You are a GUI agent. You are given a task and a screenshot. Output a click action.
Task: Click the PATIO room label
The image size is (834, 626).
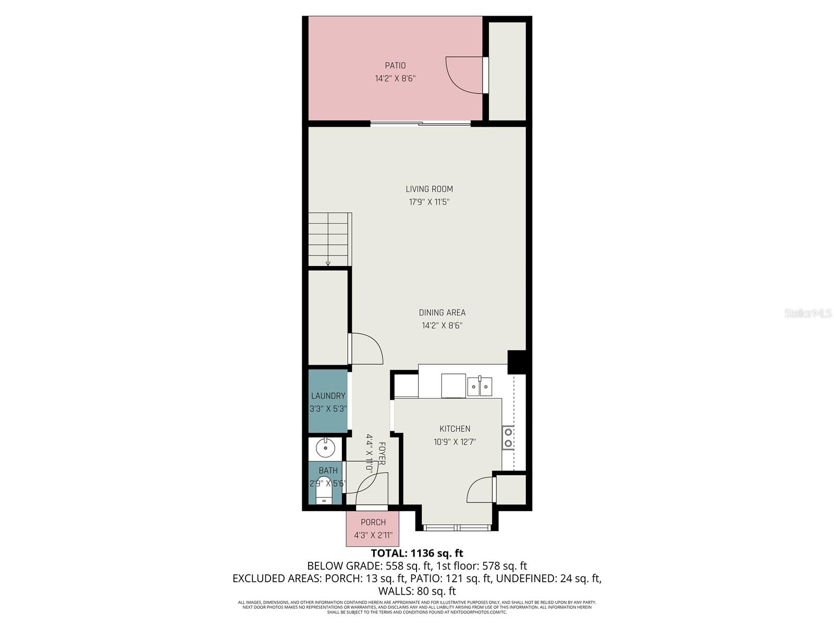[395, 66]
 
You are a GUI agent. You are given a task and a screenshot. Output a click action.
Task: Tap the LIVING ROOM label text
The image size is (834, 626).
[429, 189]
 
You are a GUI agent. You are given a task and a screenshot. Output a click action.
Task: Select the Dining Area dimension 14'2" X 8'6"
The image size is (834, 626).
[442, 326]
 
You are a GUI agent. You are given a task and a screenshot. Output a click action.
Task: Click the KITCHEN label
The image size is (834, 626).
[455, 429]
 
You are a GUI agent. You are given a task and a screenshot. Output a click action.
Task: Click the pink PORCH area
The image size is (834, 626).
[373, 528]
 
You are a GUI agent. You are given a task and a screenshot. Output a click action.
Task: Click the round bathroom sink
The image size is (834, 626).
[326, 448]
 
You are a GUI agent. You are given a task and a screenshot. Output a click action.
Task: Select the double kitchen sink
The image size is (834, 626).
[480, 387]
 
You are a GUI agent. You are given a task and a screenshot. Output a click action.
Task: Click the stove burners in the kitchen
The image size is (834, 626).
[508, 438]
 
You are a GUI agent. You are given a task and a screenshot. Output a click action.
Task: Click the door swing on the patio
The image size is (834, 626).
[464, 76]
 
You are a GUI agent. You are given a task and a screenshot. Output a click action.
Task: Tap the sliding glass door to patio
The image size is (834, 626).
[421, 124]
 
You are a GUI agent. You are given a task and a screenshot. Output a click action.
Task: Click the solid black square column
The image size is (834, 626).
[517, 362]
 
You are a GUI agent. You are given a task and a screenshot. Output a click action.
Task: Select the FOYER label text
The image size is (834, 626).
[382, 454]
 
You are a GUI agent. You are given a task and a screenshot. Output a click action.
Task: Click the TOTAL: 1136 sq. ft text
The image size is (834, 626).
[416, 553]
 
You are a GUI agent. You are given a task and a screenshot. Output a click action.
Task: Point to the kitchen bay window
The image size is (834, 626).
[457, 528]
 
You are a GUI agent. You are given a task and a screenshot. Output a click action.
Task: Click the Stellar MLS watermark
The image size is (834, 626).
[807, 314]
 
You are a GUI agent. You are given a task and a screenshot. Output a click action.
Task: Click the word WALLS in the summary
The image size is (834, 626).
[395, 591]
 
